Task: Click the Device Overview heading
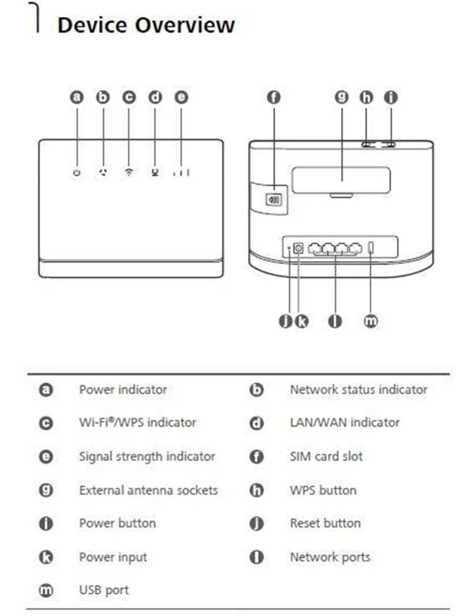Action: point(146,25)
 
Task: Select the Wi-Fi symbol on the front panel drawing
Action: point(129,172)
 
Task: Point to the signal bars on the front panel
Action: point(181,172)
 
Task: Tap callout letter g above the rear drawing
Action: point(342,98)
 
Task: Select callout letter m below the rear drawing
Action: point(371,321)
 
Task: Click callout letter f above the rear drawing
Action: point(274,98)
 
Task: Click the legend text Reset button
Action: point(325,523)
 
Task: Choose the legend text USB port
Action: point(103,590)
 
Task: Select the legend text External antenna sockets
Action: point(148,490)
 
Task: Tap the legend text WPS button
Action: point(323,490)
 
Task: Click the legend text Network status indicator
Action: point(358,389)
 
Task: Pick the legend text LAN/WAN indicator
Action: point(345,422)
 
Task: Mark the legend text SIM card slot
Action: point(326,456)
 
